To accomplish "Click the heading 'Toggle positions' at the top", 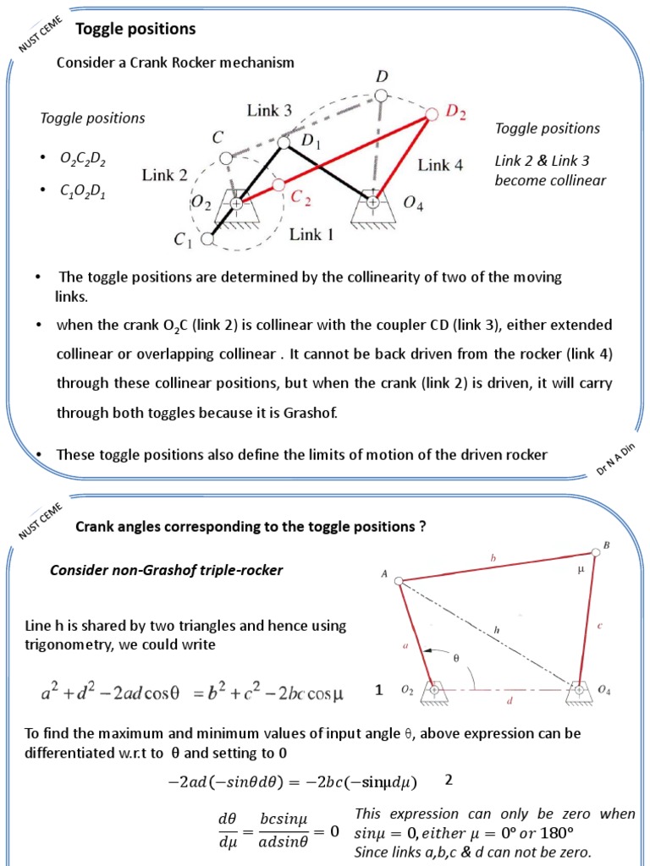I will click(x=135, y=30).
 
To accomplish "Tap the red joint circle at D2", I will click(x=431, y=112).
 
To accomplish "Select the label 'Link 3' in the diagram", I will click(x=269, y=110).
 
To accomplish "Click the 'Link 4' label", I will click(x=440, y=165).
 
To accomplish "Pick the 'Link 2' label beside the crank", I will click(x=164, y=176).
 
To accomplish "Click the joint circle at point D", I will click(x=382, y=98).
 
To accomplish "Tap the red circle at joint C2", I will click(x=278, y=184).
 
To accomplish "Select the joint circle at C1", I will click(x=207, y=239).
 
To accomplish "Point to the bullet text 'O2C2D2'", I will click(x=83, y=158).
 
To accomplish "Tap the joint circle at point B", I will click(x=597, y=552).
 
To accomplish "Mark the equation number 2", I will click(x=449, y=780).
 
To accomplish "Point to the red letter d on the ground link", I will click(x=508, y=701).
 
